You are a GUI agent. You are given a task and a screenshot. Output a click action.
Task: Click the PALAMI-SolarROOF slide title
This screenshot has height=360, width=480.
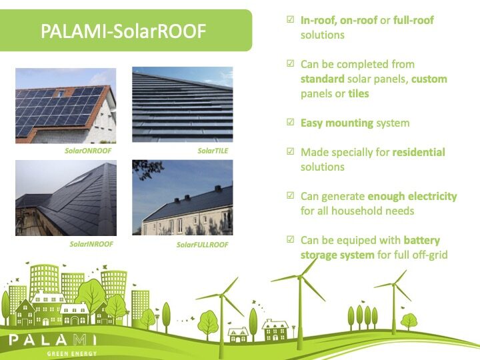pyautogui.click(x=123, y=31)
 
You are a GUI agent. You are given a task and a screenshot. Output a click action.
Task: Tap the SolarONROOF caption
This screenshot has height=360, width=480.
pyautogui.click(x=88, y=151)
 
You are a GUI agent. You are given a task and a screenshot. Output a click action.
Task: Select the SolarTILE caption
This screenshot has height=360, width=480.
pyautogui.click(x=213, y=151)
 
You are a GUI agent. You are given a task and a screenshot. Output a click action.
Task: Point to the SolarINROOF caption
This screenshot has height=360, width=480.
pyautogui.click(x=91, y=244)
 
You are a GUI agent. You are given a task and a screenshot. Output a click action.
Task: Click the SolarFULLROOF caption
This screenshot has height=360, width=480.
pyautogui.click(x=203, y=245)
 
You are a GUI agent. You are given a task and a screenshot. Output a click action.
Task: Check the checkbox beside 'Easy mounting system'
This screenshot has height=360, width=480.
pyautogui.click(x=290, y=122)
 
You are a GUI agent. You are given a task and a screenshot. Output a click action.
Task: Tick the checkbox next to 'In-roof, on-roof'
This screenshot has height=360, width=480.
pyautogui.click(x=290, y=19)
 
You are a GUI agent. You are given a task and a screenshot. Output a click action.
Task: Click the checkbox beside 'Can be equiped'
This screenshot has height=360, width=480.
pyautogui.click(x=290, y=239)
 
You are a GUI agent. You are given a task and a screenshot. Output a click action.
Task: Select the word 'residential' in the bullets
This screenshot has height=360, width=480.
pyautogui.click(x=419, y=152)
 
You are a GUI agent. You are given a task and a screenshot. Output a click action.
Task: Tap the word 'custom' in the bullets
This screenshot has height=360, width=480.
pyautogui.click(x=429, y=79)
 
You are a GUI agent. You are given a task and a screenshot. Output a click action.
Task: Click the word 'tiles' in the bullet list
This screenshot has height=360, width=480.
pyautogui.click(x=359, y=93)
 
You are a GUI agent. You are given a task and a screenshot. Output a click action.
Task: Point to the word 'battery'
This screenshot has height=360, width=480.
pyautogui.click(x=422, y=241)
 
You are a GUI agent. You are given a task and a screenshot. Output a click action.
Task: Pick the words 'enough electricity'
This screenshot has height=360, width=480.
pyautogui.click(x=413, y=196)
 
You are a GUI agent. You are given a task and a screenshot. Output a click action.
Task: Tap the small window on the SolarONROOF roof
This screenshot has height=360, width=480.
pyautogui.click(x=61, y=93)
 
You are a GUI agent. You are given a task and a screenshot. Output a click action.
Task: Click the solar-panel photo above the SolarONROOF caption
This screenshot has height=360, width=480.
pyautogui.click(x=66, y=105)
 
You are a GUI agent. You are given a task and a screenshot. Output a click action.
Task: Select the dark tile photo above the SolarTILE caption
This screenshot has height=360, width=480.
pyautogui.click(x=183, y=105)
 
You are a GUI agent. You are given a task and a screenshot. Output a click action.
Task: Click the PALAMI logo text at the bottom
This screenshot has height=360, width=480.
pyautogui.click(x=53, y=340)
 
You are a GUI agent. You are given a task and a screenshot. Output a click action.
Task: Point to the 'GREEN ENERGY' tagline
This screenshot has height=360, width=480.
pyautogui.click(x=72, y=354)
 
